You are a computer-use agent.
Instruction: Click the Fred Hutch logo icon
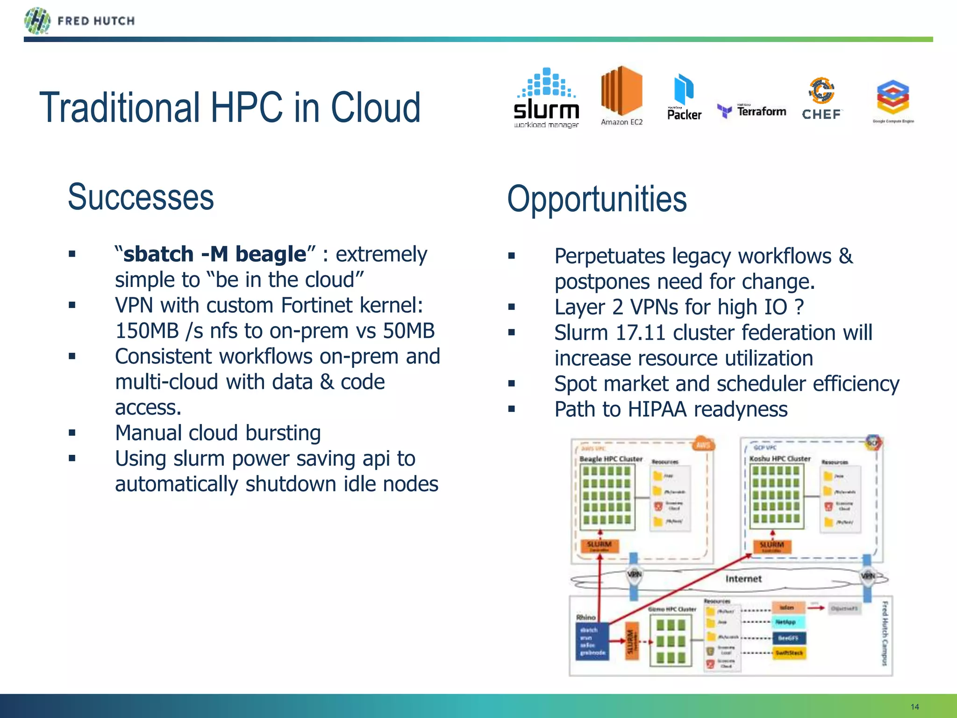(37, 21)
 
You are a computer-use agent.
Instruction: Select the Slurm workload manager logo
(546, 98)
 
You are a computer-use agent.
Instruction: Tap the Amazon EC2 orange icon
(621, 91)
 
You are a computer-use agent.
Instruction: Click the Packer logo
(684, 97)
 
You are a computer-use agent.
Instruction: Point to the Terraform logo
(752, 111)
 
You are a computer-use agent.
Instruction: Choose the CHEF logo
(822, 99)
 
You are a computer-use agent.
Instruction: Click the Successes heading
(141, 197)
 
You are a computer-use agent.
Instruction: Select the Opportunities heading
(597, 200)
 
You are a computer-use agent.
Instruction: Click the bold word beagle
(271, 254)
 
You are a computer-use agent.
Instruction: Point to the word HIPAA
(657, 409)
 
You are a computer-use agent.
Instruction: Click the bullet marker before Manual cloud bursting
(72, 433)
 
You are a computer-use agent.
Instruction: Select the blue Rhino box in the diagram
(592, 641)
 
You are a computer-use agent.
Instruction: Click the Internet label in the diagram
(743, 579)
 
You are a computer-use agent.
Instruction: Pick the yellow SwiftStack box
(789, 653)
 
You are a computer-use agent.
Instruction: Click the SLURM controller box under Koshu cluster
(771, 546)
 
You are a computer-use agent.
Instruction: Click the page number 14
(914, 707)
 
